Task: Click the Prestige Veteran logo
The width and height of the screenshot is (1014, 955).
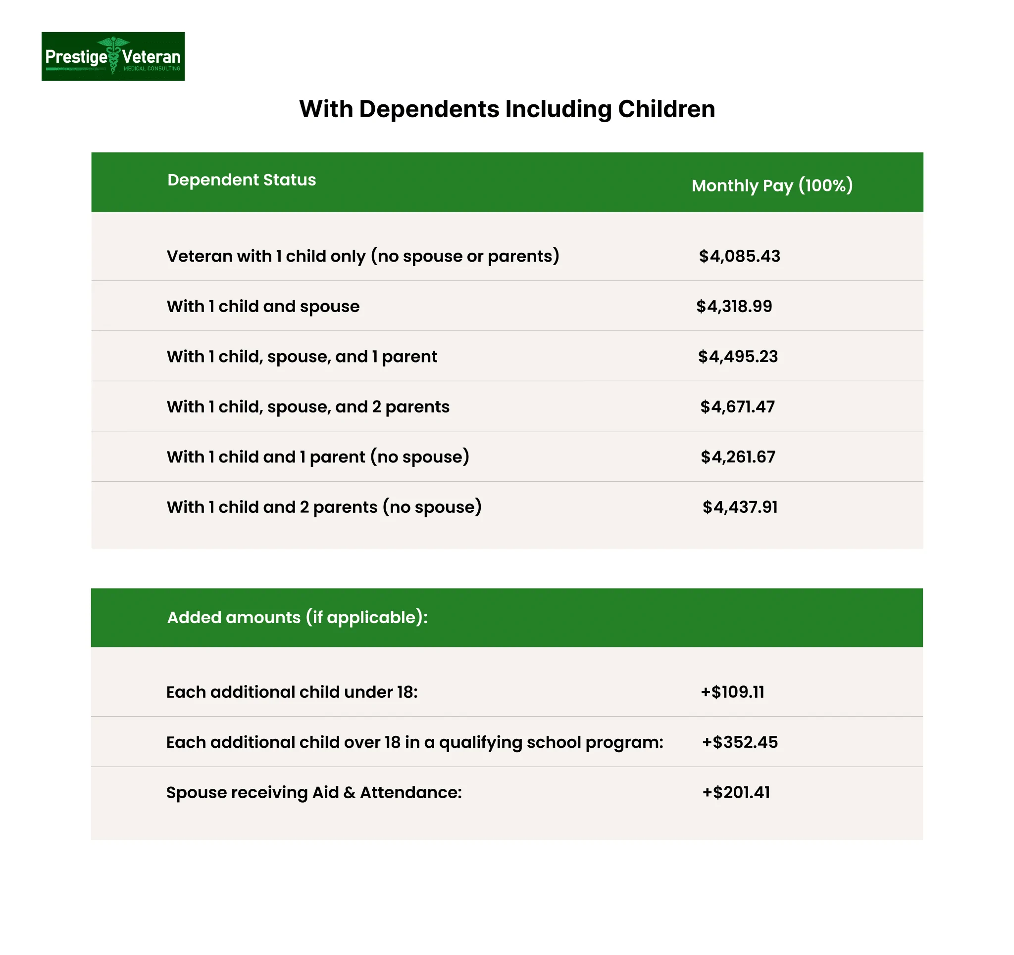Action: pyautogui.click(x=113, y=56)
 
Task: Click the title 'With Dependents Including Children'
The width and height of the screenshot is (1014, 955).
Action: pyautogui.click(x=507, y=109)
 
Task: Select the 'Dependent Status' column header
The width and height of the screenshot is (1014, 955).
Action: pyautogui.click(x=241, y=180)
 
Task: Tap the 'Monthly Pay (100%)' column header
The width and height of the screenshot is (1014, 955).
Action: pyautogui.click(x=772, y=185)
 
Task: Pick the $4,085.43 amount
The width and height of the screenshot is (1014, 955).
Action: pyautogui.click(x=739, y=256)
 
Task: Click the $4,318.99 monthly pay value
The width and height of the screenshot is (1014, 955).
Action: pyautogui.click(x=734, y=306)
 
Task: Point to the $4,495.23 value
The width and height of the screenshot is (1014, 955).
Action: pyautogui.click(x=738, y=356)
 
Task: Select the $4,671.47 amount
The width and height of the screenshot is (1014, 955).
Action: pyautogui.click(x=737, y=407)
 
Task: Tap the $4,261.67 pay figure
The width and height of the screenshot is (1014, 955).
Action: pyautogui.click(x=738, y=456)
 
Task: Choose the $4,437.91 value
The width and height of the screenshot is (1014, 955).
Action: pyautogui.click(x=740, y=507)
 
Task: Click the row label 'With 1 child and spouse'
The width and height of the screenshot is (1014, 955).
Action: pyautogui.click(x=263, y=306)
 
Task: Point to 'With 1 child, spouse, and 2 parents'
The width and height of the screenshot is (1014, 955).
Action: pyautogui.click(x=307, y=407)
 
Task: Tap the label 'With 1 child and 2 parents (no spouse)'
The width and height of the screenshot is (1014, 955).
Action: pyautogui.click(x=324, y=507)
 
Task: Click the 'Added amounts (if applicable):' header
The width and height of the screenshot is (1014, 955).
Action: pyautogui.click(x=298, y=617)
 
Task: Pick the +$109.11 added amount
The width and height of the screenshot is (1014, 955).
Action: pyautogui.click(x=732, y=692)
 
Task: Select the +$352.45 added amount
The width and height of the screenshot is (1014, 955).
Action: pyautogui.click(x=740, y=742)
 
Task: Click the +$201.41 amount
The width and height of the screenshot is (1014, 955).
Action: pyautogui.click(x=736, y=792)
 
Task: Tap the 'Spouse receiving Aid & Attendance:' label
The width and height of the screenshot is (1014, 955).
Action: pyautogui.click(x=314, y=792)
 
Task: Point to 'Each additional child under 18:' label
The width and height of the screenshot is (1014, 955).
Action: pyautogui.click(x=292, y=692)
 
